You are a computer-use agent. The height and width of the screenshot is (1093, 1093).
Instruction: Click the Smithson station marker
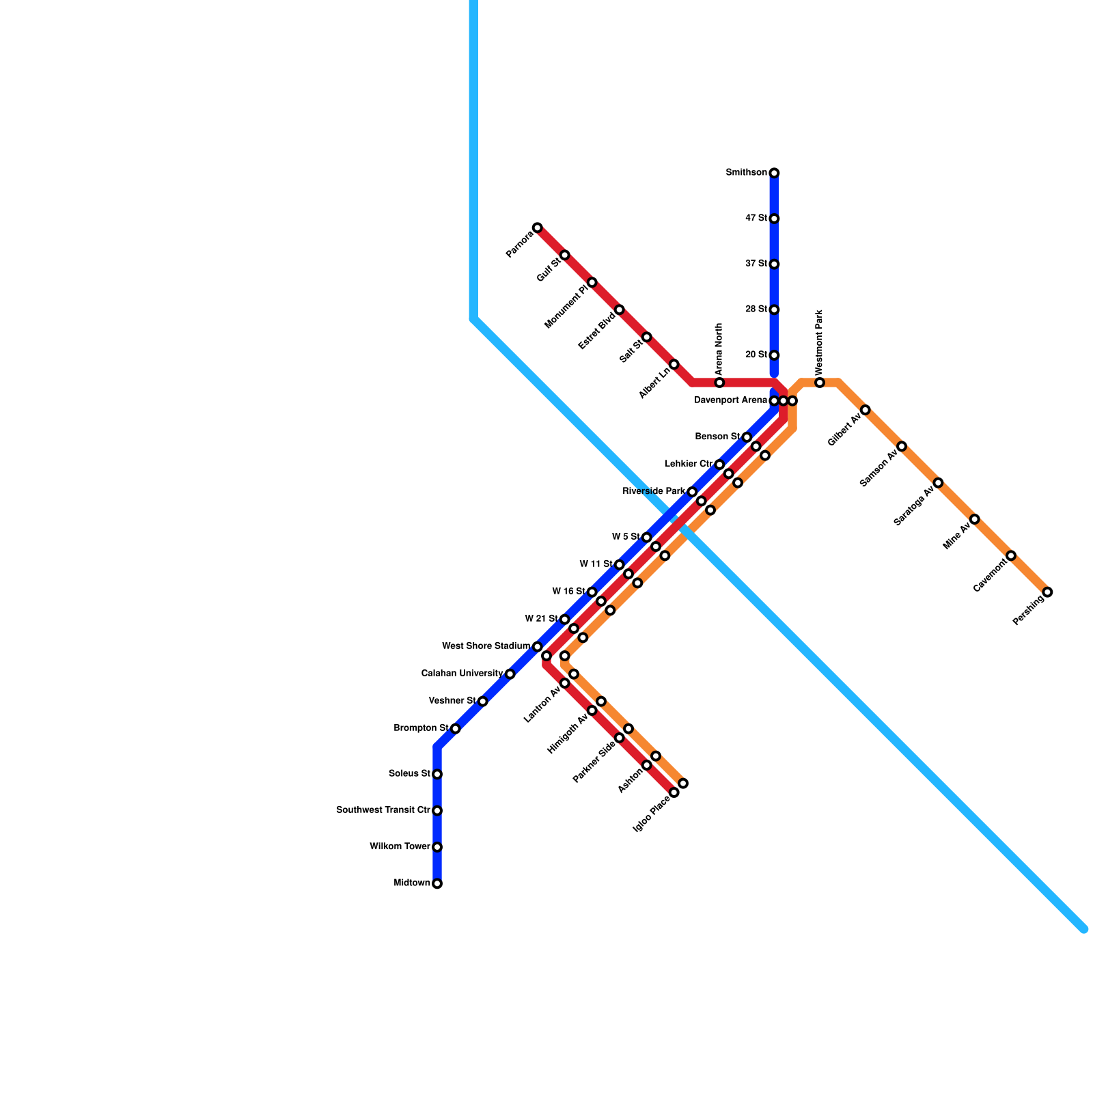coord(774,173)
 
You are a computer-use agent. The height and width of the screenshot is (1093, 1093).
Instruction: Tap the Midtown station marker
coord(437,883)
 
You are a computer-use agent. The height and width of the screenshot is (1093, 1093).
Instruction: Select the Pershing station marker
coord(1047,592)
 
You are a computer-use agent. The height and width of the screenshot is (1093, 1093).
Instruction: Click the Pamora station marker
coord(538,227)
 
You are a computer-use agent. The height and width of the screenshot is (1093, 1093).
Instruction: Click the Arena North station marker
coord(719,383)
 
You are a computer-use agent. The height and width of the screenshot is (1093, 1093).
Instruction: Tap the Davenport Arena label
coord(730,400)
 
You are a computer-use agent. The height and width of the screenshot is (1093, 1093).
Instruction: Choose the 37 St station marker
coord(774,264)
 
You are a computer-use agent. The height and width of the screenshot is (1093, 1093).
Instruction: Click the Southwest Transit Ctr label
coord(383,810)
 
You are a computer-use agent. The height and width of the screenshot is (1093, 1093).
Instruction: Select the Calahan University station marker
coord(510,674)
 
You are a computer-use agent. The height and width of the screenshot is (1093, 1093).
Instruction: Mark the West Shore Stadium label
coord(486,646)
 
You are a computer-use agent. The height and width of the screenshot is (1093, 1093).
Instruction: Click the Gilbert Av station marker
coord(865,410)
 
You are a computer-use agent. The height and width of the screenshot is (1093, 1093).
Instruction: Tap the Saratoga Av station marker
coord(938,483)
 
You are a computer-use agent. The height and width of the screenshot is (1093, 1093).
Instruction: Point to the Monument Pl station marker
coord(592,282)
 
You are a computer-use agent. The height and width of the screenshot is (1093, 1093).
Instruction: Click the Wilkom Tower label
coord(400,847)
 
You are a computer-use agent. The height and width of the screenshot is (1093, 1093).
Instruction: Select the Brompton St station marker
coord(455,729)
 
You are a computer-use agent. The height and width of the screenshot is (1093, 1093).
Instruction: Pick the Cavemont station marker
coord(1011,555)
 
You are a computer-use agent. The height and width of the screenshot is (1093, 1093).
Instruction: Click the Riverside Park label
coord(654,492)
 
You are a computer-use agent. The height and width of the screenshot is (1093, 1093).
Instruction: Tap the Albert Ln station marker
coord(674,364)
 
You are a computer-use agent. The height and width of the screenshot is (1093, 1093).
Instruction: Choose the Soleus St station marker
coord(437,774)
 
